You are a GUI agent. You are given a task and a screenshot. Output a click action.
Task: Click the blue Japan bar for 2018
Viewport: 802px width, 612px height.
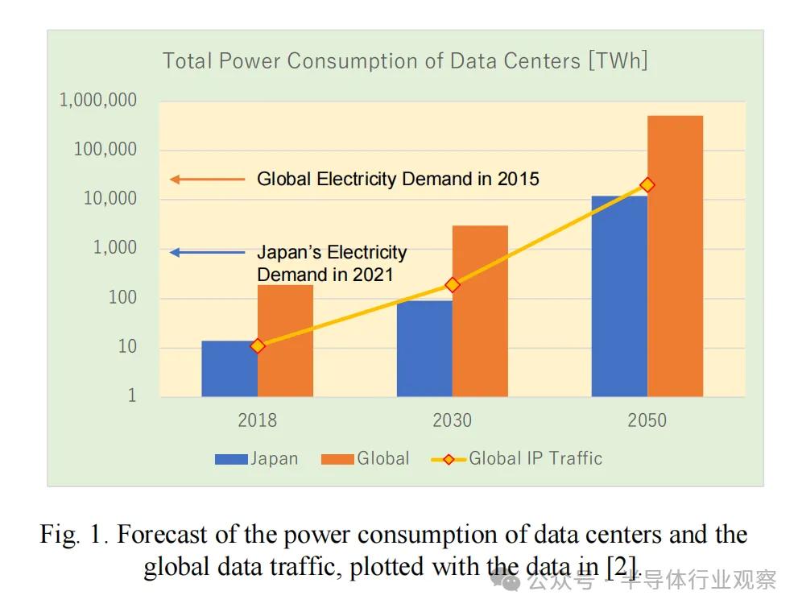pos(229,369)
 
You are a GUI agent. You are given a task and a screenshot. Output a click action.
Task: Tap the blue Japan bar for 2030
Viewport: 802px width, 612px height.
pos(424,349)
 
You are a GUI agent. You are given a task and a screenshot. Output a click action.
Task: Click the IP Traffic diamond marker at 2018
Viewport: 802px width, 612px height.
pos(258,346)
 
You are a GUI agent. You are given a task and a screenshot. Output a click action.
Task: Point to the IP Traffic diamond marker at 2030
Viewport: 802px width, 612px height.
pos(453,284)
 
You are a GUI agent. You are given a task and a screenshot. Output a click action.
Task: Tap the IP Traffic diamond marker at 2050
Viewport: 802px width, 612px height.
pos(647,185)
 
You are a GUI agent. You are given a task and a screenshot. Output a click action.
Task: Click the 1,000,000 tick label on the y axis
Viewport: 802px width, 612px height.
pos(98,101)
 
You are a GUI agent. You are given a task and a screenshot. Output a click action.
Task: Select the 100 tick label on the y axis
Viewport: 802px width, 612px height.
pos(122,298)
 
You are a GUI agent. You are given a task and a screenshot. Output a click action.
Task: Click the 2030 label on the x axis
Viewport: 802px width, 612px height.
pos(453,420)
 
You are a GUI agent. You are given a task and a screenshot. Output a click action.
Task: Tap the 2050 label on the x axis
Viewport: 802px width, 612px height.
pos(647,420)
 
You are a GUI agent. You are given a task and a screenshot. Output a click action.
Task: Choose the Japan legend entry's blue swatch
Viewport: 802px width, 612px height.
pos(231,460)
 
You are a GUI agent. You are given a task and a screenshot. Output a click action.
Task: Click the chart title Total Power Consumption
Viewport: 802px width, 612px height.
pos(405,61)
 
